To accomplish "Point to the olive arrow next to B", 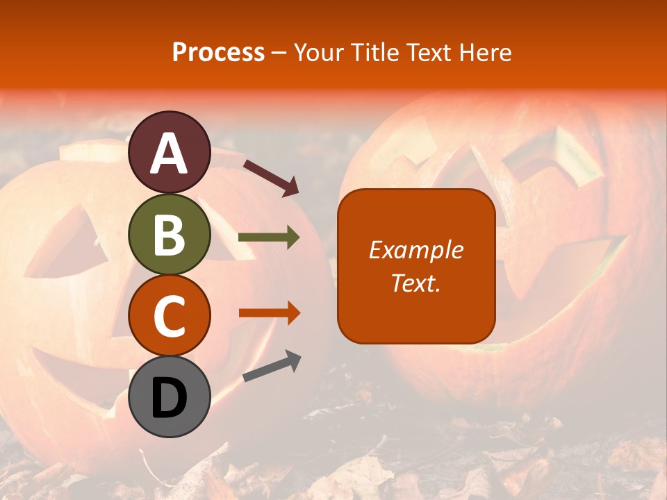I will (x=269, y=237).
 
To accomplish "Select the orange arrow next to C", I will (x=269, y=312).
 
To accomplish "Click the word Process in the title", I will (x=218, y=52).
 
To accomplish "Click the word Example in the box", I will (x=416, y=250).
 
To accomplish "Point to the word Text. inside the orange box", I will (x=416, y=283).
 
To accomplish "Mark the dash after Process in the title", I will (x=279, y=53).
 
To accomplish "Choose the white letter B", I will (x=170, y=234).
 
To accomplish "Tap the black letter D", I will (x=170, y=398).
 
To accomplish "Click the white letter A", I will (x=170, y=153).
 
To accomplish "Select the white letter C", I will (x=170, y=316).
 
